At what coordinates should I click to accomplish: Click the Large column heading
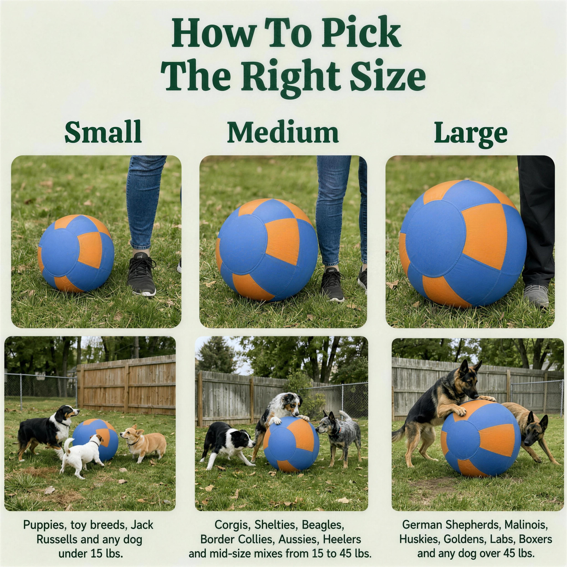471,134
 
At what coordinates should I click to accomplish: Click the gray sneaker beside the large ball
536,296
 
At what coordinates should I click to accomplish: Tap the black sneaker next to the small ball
141,274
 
